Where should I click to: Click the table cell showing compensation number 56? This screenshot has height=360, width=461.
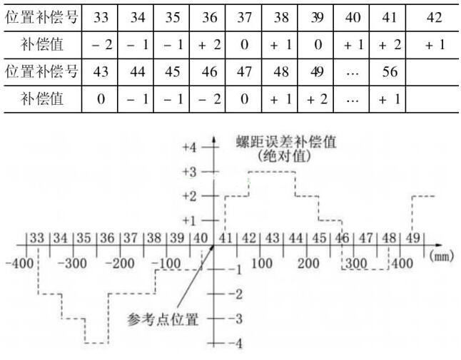(x=387, y=72)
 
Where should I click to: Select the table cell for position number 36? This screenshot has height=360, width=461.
(x=207, y=18)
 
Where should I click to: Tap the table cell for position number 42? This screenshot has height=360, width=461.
(x=432, y=18)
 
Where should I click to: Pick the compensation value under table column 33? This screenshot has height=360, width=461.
(x=99, y=45)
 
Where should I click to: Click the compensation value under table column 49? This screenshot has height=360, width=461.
(x=315, y=99)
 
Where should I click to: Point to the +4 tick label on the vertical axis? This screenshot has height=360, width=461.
(x=189, y=147)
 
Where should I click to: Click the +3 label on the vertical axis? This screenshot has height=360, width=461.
(x=189, y=172)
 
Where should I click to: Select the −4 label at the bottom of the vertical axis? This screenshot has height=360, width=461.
(x=235, y=343)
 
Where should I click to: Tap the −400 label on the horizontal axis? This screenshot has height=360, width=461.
(x=20, y=263)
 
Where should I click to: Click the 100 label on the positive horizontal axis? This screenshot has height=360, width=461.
(x=262, y=263)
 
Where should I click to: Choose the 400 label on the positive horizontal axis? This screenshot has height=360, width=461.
(x=402, y=263)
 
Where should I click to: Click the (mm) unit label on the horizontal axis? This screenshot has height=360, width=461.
(x=442, y=256)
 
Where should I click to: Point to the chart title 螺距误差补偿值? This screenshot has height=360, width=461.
(x=286, y=142)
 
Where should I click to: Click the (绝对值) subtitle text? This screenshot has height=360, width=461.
(x=285, y=156)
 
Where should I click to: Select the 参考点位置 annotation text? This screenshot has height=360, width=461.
(x=163, y=319)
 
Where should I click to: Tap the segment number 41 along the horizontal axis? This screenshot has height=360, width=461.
(x=226, y=238)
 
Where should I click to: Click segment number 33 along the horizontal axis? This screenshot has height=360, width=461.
(x=37, y=238)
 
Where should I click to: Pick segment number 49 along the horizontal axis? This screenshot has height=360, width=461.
(x=412, y=238)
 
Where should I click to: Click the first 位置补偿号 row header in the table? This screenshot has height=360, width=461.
(x=42, y=17)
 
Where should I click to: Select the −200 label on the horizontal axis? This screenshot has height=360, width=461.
(x=120, y=263)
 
